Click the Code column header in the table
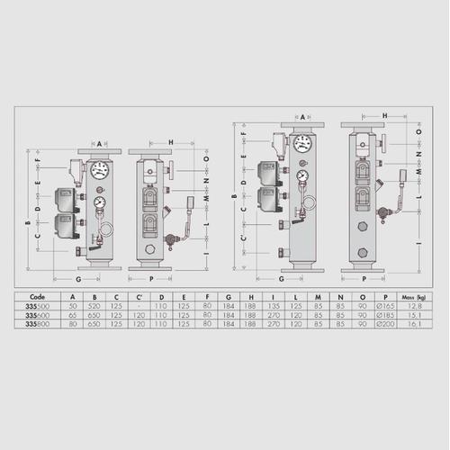click(37, 294)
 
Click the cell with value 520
click(95, 305)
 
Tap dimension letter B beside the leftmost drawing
click(26, 222)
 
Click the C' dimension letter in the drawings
click(243, 238)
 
